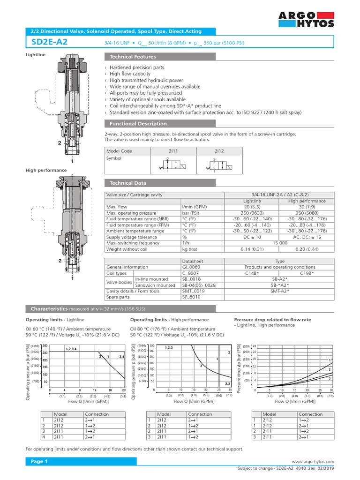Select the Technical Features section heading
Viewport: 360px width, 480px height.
(133, 57)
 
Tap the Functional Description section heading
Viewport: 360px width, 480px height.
(138, 124)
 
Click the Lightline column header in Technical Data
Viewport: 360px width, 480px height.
(253, 201)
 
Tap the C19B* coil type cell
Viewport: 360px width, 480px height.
(307, 273)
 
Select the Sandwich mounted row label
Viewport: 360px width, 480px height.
(155, 285)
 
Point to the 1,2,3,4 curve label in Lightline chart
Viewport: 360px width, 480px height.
(71, 348)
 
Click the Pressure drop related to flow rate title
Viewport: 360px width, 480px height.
(272, 319)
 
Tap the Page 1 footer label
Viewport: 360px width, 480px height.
(40, 462)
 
